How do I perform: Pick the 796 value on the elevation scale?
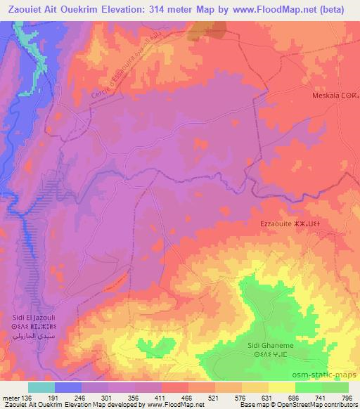coord(347,398)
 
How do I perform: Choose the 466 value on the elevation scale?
coord(188,398)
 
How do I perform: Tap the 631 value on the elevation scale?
coord(267,398)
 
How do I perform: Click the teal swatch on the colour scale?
coord(42,387)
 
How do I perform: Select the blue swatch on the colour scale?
coord(69,387)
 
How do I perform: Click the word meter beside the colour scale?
coord(11,398)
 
